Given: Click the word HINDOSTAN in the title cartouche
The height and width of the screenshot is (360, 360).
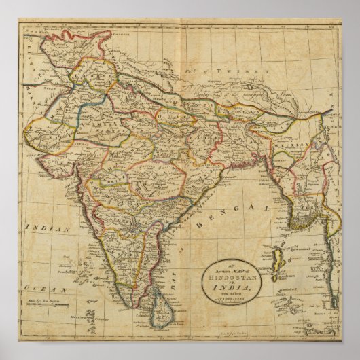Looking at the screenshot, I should (x=234, y=277).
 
